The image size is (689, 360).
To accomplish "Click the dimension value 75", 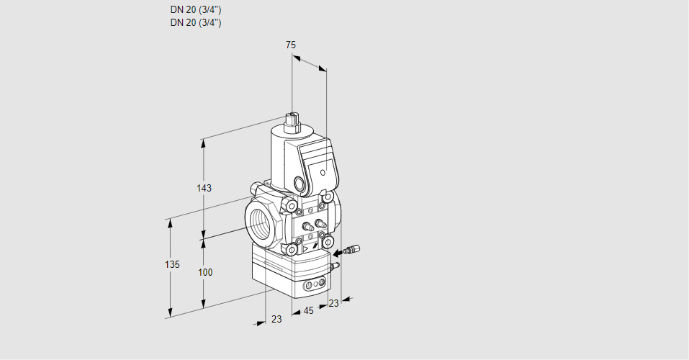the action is (x=291, y=45).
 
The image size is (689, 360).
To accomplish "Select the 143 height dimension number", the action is (x=204, y=188).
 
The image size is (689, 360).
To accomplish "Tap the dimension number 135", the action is (x=172, y=264).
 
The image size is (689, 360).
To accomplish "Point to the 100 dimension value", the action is (x=204, y=273).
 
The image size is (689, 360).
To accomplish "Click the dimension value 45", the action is (x=309, y=311).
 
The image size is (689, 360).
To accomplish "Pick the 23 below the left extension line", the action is (x=276, y=319).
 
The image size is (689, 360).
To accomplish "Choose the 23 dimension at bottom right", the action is (x=334, y=303).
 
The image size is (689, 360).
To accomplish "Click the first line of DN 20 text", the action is (x=196, y=9).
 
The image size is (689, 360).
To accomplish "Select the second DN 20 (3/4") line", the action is (x=196, y=23).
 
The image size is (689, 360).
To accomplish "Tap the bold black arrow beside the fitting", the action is (x=338, y=253).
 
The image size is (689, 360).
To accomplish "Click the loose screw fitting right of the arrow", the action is (x=353, y=249).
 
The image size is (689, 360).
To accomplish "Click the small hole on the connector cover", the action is (x=323, y=172).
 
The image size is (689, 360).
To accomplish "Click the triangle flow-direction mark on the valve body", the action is (x=306, y=249).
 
